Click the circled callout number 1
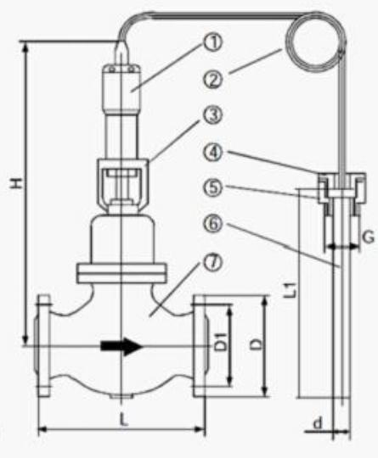213,42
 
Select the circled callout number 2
213,80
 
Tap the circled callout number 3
213,115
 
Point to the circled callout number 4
213,152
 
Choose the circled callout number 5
213,187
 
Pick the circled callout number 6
213,224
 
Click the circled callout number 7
213,262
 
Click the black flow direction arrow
121,346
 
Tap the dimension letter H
17,183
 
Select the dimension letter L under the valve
124,421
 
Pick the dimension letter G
368,237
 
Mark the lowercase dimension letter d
318,423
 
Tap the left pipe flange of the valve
42,346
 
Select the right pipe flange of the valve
200,346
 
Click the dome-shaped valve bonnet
121,239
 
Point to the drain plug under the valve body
122,396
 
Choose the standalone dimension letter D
257,344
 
